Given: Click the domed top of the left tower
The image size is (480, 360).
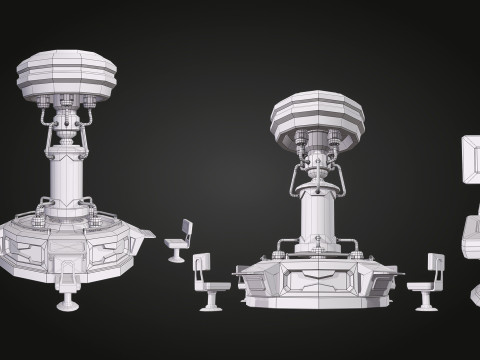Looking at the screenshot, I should [x=66, y=74].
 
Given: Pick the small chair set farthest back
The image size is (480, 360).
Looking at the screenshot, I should [x=177, y=241].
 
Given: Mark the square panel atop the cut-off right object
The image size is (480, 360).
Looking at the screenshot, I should [x=470, y=160].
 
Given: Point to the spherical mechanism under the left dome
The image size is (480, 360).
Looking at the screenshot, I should [x=66, y=125].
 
